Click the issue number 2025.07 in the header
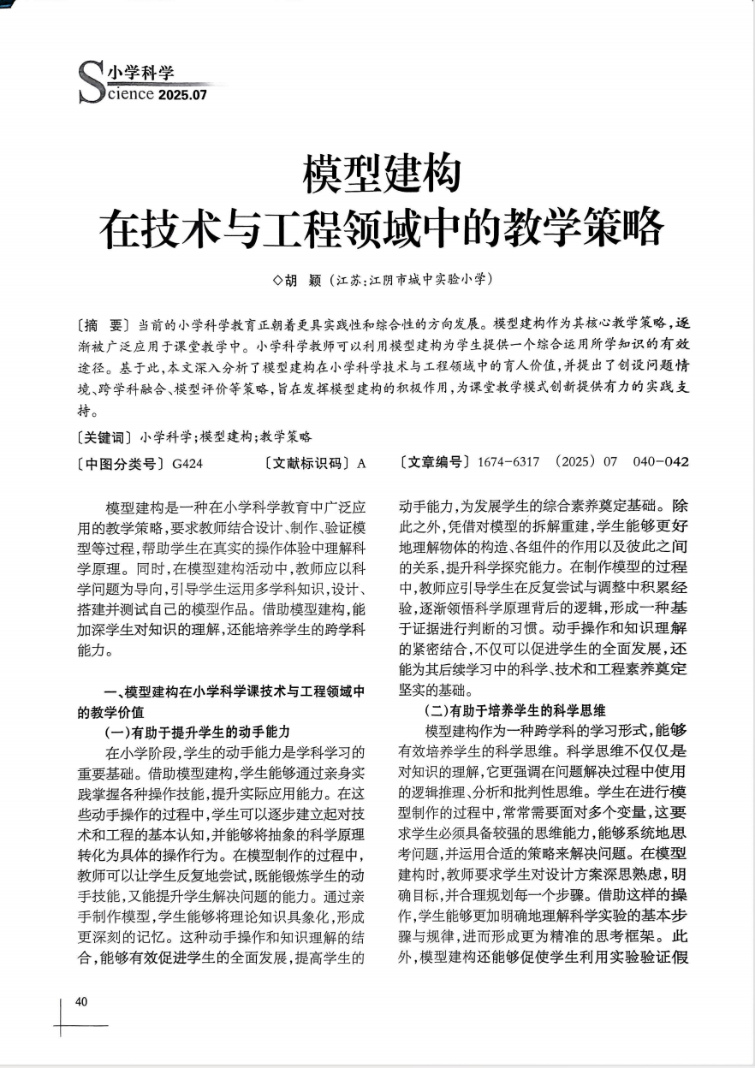(x=182, y=94)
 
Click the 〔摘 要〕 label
(x=102, y=325)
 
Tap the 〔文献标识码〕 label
(x=309, y=464)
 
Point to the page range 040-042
(x=661, y=463)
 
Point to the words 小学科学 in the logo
(x=141, y=73)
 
